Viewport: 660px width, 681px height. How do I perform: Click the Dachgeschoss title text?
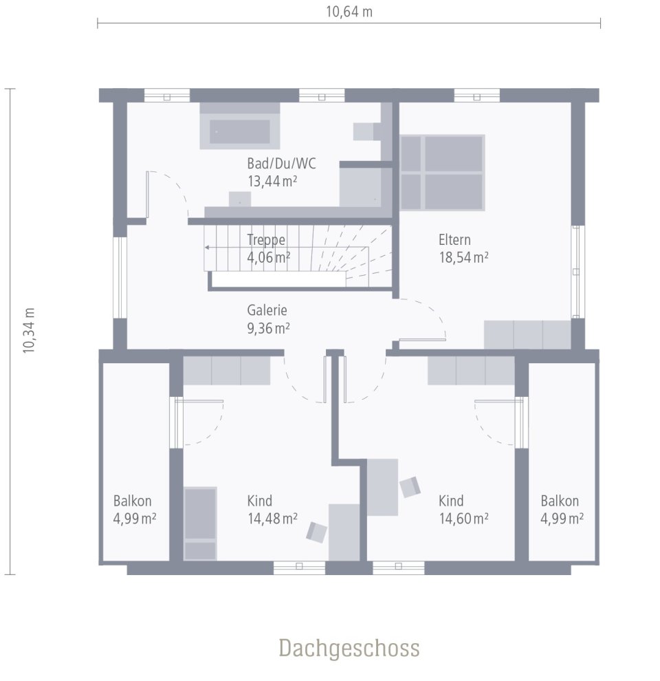point(349,648)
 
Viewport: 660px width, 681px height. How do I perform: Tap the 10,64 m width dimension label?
point(349,12)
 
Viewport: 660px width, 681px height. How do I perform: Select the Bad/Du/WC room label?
point(282,164)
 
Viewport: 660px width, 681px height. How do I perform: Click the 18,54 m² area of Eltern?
point(463,257)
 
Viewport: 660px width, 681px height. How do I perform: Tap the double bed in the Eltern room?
point(442,172)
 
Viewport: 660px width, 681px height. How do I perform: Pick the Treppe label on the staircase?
point(266,240)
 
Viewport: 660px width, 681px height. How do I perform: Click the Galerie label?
point(267,310)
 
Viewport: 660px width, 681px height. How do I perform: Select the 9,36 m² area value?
point(268,328)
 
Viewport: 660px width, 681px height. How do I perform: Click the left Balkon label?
point(133,501)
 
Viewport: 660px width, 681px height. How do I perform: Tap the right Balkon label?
point(560,501)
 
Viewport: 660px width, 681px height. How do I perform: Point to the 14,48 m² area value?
point(272,518)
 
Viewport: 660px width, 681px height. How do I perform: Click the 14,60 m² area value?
point(463,518)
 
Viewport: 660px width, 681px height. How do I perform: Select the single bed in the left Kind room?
point(200,523)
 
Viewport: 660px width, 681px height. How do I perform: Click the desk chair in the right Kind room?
point(410,487)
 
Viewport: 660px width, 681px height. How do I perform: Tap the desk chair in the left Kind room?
point(317,532)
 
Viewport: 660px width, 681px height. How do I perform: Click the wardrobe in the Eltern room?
point(527,334)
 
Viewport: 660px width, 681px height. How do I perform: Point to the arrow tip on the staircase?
point(206,246)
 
